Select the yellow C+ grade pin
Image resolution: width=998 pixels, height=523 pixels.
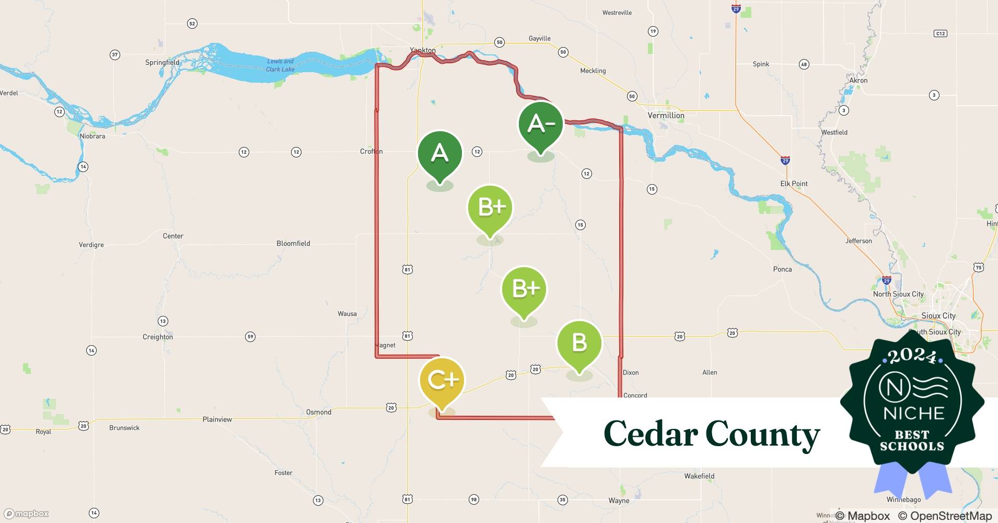[x=442, y=381]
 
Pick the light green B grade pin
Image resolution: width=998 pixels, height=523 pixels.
[x=579, y=344]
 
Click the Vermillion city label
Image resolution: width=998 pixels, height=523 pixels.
[x=666, y=116]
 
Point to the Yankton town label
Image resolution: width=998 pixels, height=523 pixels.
[x=423, y=51]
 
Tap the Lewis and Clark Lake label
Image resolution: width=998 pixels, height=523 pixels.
[x=281, y=65]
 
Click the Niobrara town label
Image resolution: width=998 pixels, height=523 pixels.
[x=92, y=137]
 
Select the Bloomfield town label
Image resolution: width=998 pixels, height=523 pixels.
[x=293, y=244]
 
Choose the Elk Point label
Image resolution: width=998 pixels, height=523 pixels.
[x=794, y=184]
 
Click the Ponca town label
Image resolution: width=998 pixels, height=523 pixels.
[x=782, y=269]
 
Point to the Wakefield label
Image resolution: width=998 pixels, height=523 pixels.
[x=699, y=476]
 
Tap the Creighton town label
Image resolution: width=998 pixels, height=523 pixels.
[x=158, y=337]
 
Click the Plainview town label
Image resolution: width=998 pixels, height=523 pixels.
[x=217, y=419]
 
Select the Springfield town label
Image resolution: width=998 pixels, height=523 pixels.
[x=162, y=63]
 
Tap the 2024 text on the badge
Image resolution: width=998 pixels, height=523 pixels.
[x=912, y=357]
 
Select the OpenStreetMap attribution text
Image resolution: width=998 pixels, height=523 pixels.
[x=945, y=516]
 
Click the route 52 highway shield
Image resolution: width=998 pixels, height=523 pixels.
[x=192, y=24]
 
